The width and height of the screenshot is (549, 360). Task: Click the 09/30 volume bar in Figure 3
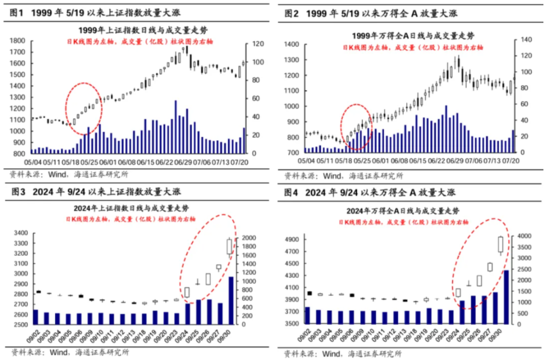click(231, 300)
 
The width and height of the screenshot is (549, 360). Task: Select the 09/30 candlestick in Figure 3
click(230, 246)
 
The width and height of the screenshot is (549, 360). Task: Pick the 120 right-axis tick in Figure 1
click(257, 44)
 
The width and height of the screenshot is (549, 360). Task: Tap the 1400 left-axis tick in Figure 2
click(292, 44)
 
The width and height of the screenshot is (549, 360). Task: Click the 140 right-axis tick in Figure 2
click(526, 39)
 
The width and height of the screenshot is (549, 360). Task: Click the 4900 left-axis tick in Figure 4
click(293, 239)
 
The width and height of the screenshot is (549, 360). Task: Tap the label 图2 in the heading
click(292, 13)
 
